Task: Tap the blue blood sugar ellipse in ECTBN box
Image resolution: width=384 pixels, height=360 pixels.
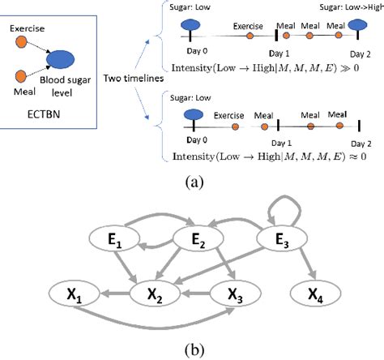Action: (63, 59)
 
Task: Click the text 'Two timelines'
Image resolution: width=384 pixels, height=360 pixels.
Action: (130, 78)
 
